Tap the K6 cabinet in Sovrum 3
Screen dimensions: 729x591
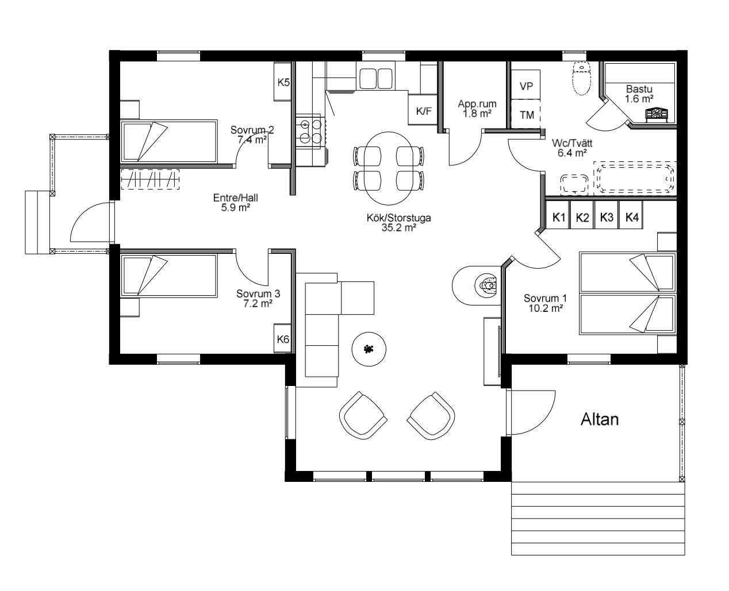[x=282, y=338]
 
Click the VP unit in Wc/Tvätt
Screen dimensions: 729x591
[x=525, y=85]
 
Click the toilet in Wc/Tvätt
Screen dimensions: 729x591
[x=581, y=78]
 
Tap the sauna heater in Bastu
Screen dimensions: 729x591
[x=657, y=115]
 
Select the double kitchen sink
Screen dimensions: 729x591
[x=375, y=78]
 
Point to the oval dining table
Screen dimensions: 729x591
[x=389, y=168]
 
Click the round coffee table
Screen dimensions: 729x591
[x=369, y=349]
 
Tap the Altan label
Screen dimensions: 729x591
[x=600, y=419]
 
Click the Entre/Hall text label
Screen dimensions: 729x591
[x=236, y=198]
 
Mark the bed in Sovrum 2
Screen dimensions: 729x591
[x=168, y=141]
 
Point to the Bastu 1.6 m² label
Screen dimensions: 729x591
[x=639, y=94]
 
